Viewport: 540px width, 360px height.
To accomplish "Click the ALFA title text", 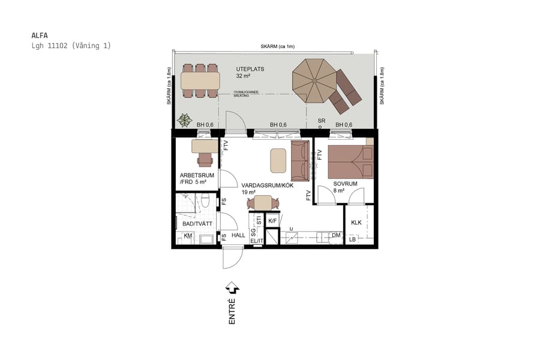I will [x=40, y=35].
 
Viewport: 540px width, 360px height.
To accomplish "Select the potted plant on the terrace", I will [x=186, y=119].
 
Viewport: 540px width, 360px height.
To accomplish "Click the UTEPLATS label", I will [x=250, y=69].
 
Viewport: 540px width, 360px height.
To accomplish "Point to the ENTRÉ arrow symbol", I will [x=232, y=290].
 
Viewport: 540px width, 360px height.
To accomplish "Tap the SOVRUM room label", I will [x=345, y=184].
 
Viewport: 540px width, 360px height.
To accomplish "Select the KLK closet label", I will [x=356, y=223].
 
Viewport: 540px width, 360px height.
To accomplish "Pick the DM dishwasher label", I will [x=336, y=236].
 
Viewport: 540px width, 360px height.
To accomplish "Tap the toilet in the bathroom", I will [x=205, y=201].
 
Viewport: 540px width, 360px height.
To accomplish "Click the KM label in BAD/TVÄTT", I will [x=188, y=236].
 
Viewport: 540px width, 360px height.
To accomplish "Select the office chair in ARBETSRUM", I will [x=205, y=159].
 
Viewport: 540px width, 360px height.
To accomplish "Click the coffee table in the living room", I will [x=278, y=160].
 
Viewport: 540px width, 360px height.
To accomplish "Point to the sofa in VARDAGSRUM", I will [x=299, y=161].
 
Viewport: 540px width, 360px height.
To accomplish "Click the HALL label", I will [x=238, y=236].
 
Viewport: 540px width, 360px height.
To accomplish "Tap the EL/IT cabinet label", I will [x=257, y=241].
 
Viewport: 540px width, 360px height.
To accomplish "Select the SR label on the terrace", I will [x=322, y=121].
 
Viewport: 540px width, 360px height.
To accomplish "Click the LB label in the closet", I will [x=352, y=239].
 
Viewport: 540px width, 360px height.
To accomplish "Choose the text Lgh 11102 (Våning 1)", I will [x=71, y=46].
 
